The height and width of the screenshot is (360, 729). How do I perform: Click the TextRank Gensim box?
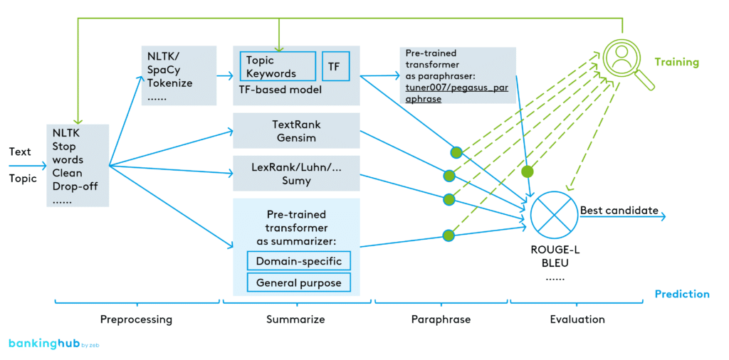click(x=296, y=130)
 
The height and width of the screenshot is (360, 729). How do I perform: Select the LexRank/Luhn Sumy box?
click(x=296, y=174)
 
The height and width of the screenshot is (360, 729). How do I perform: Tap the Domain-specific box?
click(x=298, y=260)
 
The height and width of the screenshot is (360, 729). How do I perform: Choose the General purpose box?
click(x=298, y=282)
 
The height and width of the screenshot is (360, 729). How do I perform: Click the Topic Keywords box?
click(x=278, y=66)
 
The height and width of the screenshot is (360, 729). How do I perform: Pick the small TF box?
click(x=334, y=66)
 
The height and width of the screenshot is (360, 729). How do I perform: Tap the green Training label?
click(x=676, y=62)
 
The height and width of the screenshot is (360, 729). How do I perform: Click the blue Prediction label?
click(x=681, y=294)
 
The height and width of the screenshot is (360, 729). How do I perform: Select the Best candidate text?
click(x=619, y=211)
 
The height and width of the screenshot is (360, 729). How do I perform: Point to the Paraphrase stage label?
click(x=441, y=319)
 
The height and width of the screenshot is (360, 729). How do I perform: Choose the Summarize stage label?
click(x=295, y=319)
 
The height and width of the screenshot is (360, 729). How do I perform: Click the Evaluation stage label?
click(x=577, y=319)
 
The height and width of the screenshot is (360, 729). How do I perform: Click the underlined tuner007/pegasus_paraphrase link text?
click(x=447, y=93)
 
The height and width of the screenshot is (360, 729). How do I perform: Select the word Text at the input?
click(x=20, y=152)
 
